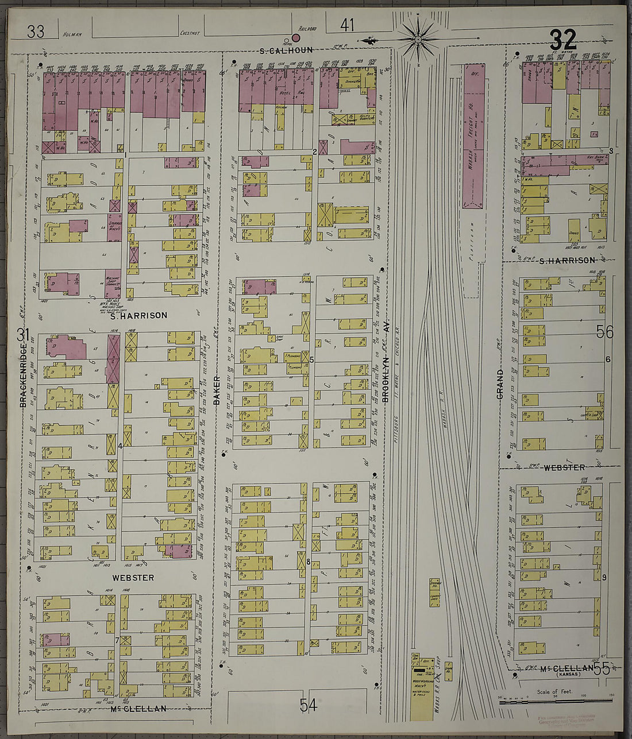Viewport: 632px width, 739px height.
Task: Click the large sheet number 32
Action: pyautogui.click(x=563, y=40)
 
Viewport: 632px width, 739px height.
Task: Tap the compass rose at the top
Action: pyautogui.click(x=418, y=40)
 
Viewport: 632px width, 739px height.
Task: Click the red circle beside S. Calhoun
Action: pyautogui.click(x=296, y=38)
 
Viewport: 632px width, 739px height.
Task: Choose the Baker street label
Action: pyautogui.click(x=217, y=390)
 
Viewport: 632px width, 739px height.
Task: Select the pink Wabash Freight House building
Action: pyautogui.click(x=474, y=136)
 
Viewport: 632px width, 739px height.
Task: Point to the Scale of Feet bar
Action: pyautogui.click(x=555, y=700)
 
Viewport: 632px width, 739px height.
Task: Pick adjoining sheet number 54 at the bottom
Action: pyautogui.click(x=308, y=705)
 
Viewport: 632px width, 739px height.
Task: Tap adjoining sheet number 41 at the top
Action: pyautogui.click(x=347, y=25)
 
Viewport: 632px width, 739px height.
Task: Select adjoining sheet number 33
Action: pyautogui.click(x=36, y=32)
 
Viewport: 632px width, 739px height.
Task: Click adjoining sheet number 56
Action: pyautogui.click(x=604, y=332)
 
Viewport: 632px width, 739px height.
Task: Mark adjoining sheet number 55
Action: pyautogui.click(x=602, y=668)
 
